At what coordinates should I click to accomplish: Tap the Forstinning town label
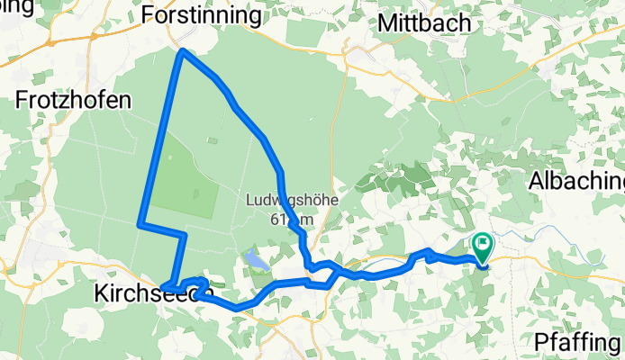pyautogui.click(x=202, y=15)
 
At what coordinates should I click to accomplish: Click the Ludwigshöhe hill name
pyautogui.click(x=291, y=202)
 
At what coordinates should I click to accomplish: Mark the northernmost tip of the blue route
pyautogui.click(x=184, y=51)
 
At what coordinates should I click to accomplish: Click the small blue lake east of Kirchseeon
pyautogui.click(x=254, y=262)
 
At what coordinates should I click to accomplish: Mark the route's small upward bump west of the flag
pyautogui.click(x=428, y=252)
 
